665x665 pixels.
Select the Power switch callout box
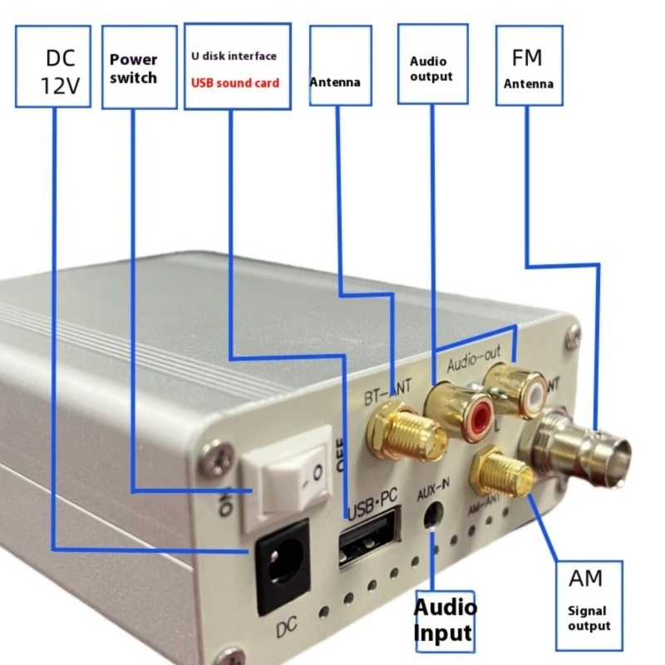[139, 66]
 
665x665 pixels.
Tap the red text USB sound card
[236, 83]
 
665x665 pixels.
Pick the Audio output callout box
[432, 64]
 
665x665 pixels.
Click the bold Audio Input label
[446, 618]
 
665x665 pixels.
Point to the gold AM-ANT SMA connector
[501, 475]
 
